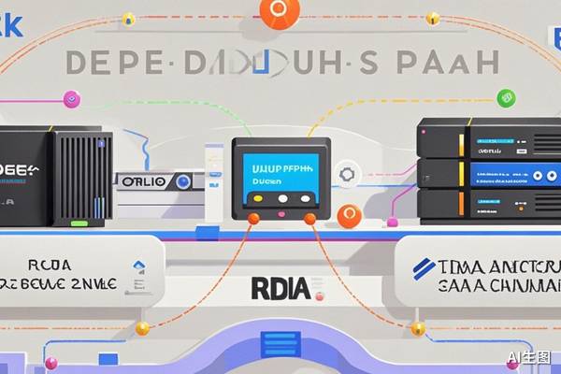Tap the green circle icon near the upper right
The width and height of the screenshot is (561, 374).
point(506,97)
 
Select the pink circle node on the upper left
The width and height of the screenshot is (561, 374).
point(68,98)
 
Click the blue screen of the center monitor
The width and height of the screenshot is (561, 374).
point(280,171)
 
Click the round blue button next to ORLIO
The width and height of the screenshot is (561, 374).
point(183,182)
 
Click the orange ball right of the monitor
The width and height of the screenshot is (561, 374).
point(349,216)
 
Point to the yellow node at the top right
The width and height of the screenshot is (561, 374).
point(432,18)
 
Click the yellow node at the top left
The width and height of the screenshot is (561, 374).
point(129,18)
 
